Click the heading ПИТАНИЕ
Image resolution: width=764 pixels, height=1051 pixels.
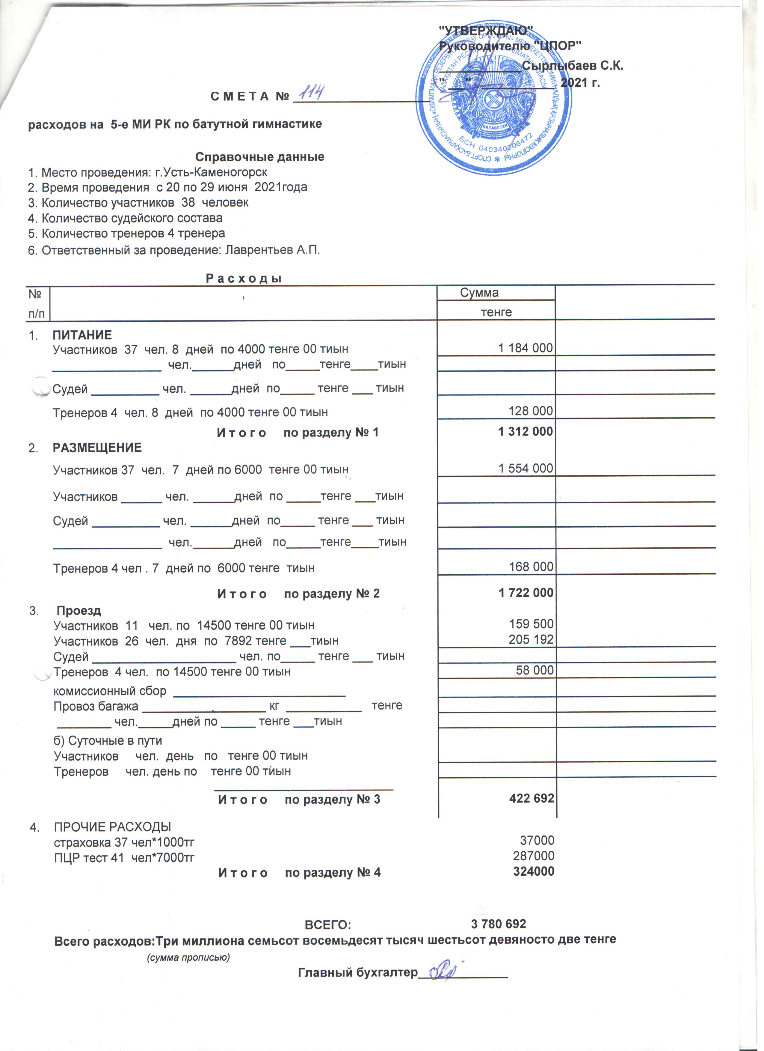(x=82, y=335)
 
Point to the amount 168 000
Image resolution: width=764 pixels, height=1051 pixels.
(x=531, y=567)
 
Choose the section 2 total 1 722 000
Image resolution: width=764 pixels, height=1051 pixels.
(x=526, y=593)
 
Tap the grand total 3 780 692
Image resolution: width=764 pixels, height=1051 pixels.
(x=498, y=924)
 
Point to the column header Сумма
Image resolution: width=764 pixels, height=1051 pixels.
(x=479, y=293)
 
